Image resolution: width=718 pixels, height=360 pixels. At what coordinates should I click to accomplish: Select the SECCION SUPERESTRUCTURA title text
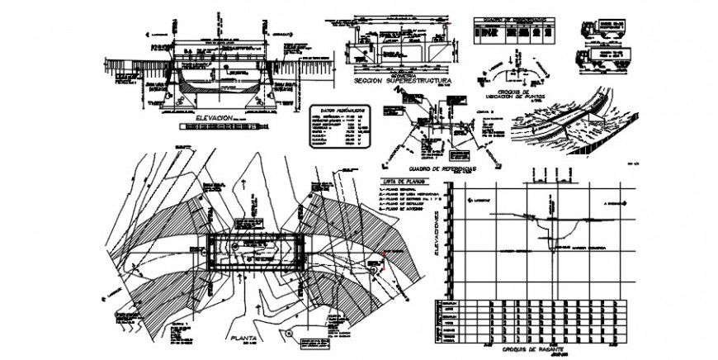[x=401, y=84]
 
